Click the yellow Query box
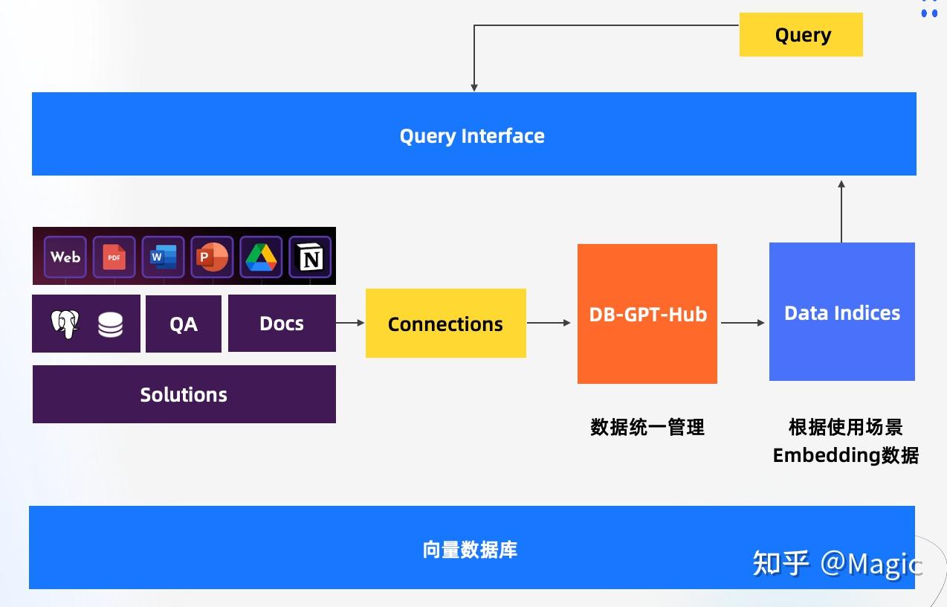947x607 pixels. click(801, 35)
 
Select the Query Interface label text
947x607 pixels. click(472, 136)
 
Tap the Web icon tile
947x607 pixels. click(65, 257)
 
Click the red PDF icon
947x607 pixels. click(114, 257)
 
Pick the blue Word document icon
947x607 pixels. click(163, 257)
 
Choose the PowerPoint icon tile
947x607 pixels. click(212, 257)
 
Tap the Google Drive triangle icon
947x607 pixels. click(261, 257)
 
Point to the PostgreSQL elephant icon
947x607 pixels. click(65, 324)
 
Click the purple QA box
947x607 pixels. click(184, 324)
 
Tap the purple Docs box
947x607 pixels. click(282, 324)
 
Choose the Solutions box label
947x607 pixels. click(184, 394)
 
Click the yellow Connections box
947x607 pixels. click(445, 324)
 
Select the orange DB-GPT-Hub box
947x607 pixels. click(647, 314)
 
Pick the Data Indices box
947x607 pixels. click(842, 312)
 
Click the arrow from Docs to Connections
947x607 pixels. click(350, 323)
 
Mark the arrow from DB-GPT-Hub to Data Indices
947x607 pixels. click(743, 323)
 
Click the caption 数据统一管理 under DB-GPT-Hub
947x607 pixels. click(647, 427)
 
